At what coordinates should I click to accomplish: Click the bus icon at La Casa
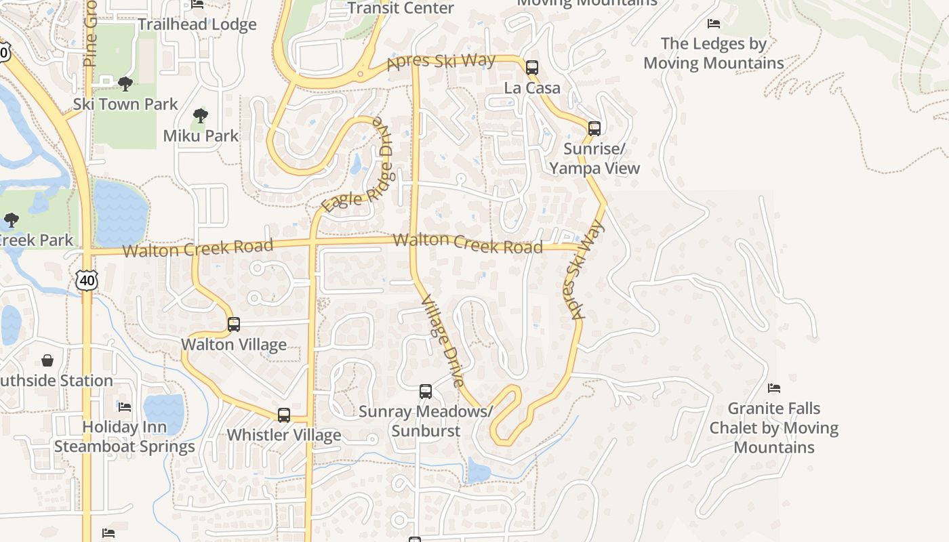click(532, 68)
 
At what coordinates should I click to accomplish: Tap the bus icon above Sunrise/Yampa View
click(594, 128)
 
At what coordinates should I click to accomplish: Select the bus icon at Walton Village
click(234, 325)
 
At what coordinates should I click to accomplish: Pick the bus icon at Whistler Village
click(284, 415)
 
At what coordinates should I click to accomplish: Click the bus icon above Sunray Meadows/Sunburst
click(426, 392)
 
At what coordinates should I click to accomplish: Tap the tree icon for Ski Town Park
click(125, 84)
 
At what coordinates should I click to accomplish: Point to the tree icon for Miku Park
click(200, 116)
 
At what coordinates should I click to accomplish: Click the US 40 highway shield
click(87, 280)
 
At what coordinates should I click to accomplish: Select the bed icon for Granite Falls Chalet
click(774, 388)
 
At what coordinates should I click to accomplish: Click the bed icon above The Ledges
click(713, 24)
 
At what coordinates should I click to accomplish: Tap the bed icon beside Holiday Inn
click(125, 407)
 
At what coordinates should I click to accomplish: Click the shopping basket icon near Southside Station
click(47, 360)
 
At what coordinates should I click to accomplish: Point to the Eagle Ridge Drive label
click(359, 169)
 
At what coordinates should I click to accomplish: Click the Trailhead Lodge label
click(197, 24)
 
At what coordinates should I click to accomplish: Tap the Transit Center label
click(401, 8)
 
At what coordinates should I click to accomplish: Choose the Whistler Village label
click(284, 435)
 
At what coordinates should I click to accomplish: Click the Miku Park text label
click(201, 135)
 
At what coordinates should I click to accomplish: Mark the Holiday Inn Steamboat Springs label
click(125, 437)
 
